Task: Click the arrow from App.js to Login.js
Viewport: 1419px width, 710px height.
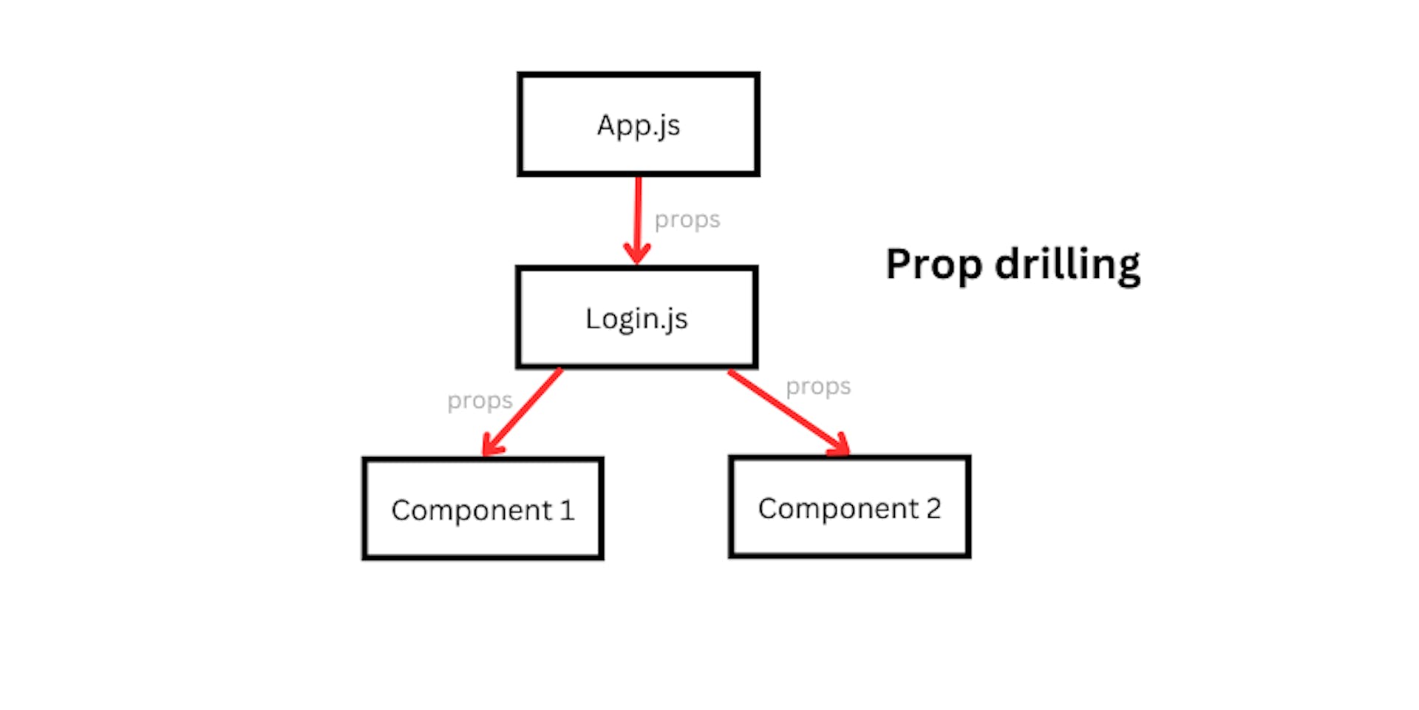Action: pyautogui.click(x=638, y=214)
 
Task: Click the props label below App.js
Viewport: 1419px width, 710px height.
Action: pyautogui.click(x=687, y=220)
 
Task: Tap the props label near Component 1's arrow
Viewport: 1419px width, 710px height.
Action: pyautogui.click(x=480, y=401)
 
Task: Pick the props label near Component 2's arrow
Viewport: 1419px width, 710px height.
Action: pyautogui.click(x=818, y=387)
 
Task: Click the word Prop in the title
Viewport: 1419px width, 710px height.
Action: pyautogui.click(x=933, y=265)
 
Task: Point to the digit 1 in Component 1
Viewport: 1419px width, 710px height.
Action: pyautogui.click(x=567, y=510)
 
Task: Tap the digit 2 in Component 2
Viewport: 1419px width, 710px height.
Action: pyautogui.click(x=933, y=508)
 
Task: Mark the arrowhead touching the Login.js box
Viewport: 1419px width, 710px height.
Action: pyautogui.click(x=637, y=253)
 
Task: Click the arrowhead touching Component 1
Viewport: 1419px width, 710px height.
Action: pyautogui.click(x=491, y=447)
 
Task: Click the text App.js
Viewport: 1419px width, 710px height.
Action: pyautogui.click(x=639, y=126)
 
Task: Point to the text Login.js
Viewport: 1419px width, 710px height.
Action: pyautogui.click(x=636, y=319)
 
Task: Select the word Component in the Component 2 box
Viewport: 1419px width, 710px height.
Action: pyautogui.click(x=839, y=509)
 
